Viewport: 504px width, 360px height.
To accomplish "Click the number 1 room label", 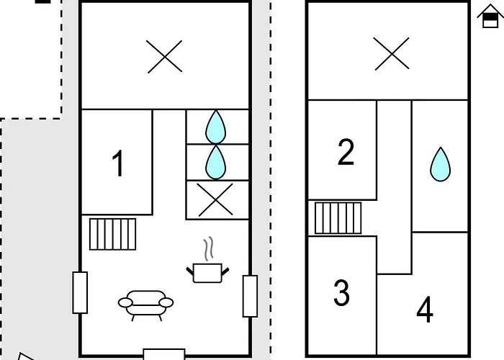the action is [x=118, y=163].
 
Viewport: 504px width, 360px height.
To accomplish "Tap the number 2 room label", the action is [x=346, y=152].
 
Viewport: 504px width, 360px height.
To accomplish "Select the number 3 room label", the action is [x=341, y=292].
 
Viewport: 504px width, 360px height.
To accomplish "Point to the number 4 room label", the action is [x=425, y=310].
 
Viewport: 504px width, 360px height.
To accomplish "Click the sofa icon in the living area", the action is [x=146, y=305].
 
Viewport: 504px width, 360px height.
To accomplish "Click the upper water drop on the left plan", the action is [x=216, y=127].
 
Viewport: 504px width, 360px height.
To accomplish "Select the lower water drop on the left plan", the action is [x=216, y=163].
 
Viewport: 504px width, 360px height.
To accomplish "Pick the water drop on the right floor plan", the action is [x=441, y=165].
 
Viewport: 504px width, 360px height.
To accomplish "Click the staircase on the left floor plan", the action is [x=113, y=234].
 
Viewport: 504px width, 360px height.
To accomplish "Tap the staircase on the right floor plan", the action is [x=338, y=218].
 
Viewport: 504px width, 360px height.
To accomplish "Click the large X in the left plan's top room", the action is [x=165, y=57].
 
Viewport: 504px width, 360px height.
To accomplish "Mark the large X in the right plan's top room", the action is [x=392, y=53].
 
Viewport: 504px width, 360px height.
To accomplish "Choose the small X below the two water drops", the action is [x=215, y=199].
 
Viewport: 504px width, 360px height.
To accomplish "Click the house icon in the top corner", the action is [x=490, y=16].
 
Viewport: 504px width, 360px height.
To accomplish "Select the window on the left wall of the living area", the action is [x=80, y=292].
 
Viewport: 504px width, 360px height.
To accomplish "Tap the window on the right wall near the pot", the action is [x=250, y=296].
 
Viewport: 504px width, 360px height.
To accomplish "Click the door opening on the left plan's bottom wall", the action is [x=164, y=354].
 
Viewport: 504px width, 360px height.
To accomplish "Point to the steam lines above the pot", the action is [x=209, y=249].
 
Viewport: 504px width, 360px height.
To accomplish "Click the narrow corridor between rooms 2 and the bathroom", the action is [x=395, y=187].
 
